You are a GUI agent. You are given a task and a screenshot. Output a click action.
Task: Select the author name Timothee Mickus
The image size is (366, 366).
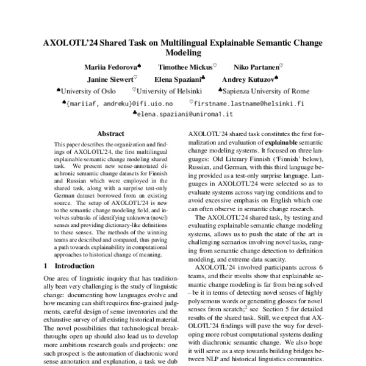click(185, 66)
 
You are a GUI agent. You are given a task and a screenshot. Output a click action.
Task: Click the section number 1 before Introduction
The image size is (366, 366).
click(46, 266)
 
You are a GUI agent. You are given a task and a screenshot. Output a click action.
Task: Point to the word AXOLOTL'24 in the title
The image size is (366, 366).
click(66, 43)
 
